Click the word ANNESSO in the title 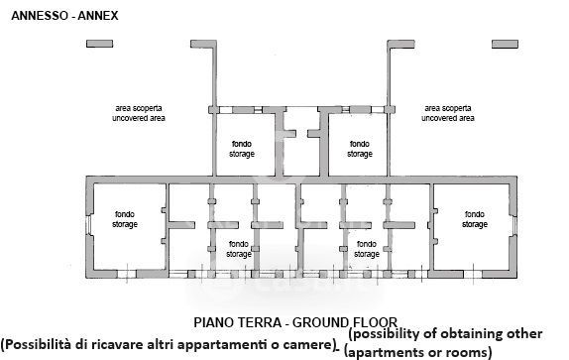pos(40,16)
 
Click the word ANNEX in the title pos(98,16)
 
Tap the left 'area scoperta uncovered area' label pos(139,113)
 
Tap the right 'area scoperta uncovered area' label pos(448,113)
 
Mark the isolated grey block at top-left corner pos(99,44)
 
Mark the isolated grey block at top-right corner pos(505,45)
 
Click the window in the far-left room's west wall pos(88,226)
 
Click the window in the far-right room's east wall pos(514,226)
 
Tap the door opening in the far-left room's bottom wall pos(127,274)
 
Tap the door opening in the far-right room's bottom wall pos(473,274)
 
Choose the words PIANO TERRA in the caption pos(237,322)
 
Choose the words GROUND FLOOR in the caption pos(345,322)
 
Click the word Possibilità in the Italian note pos(37,344)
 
